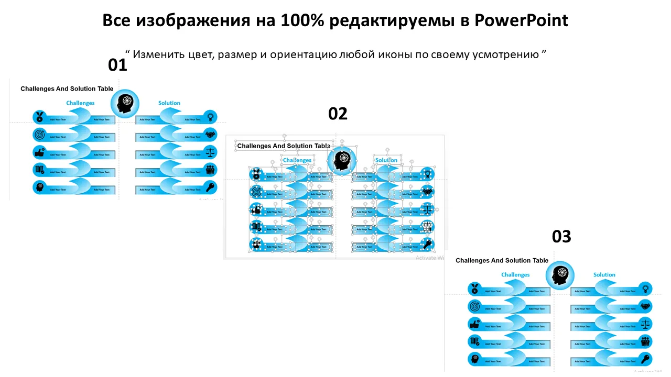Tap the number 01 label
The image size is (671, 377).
[117, 65]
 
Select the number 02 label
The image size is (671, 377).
[338, 114]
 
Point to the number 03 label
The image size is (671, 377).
[561, 237]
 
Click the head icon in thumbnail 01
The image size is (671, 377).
[125, 103]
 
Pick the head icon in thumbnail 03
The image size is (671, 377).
[560, 275]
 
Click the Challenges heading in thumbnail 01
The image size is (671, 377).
[80, 103]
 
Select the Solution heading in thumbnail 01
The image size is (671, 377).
[169, 103]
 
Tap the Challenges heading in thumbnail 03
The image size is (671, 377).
[515, 275]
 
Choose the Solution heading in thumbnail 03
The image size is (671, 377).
[604, 275]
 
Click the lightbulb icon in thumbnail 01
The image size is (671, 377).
[210, 117]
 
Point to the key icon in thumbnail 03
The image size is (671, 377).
[645, 359]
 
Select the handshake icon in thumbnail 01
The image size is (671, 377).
[210, 135]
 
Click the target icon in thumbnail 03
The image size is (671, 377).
[474, 306]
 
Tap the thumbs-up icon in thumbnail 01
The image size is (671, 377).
[39, 152]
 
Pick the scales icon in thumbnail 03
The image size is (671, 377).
[645, 324]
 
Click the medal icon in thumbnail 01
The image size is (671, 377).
[39, 117]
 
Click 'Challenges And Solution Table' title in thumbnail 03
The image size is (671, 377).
[502, 261]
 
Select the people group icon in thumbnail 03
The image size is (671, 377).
[645, 341]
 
